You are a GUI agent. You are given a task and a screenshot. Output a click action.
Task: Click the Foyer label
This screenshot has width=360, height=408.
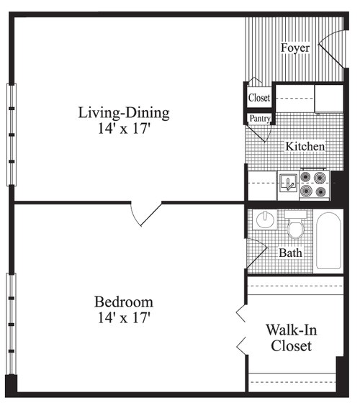pyautogui.click(x=295, y=48)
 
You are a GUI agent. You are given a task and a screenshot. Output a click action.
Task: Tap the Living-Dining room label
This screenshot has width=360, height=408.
pyautogui.click(x=124, y=113)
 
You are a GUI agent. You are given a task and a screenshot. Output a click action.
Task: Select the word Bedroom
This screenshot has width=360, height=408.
pyautogui.click(x=124, y=302)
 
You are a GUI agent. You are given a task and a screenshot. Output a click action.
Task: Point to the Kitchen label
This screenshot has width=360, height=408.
pyautogui.click(x=305, y=147)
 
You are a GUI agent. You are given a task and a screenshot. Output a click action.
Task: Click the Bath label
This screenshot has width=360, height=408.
pyautogui.click(x=291, y=253)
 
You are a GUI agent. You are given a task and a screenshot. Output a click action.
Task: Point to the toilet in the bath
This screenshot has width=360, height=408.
pyautogui.click(x=295, y=227)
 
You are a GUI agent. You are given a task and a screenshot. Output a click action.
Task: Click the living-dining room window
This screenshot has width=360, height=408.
pyautogui.click(x=11, y=134)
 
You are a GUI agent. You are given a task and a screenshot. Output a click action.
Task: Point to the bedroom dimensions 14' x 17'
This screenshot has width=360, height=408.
pyautogui.click(x=124, y=317)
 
